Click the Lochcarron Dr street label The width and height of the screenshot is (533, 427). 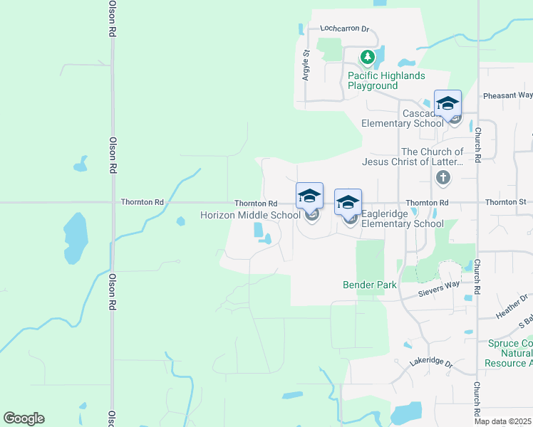[x=345, y=29]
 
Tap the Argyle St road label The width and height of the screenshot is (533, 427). [x=306, y=65]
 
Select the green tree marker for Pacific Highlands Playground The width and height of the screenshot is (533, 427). [x=367, y=57]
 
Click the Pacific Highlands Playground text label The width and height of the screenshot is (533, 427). [x=386, y=80]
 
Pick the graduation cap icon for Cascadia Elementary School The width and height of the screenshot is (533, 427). [x=447, y=104]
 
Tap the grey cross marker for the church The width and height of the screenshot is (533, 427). [x=443, y=177]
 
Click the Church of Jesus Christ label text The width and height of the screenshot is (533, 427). [x=432, y=157]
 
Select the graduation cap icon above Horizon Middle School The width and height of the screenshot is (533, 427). [x=309, y=196]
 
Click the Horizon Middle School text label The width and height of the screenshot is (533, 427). [x=250, y=215]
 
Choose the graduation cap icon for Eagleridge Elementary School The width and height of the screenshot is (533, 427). [x=348, y=203]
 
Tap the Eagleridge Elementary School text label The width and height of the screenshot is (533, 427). [x=403, y=218]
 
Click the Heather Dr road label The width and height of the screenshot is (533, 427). [x=513, y=306]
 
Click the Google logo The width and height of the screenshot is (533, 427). [x=24, y=418]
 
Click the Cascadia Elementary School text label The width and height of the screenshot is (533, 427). [x=403, y=118]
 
